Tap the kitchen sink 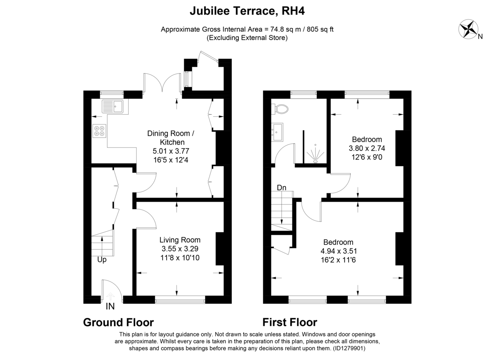(x=113, y=106)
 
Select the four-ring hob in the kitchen (x=99, y=131)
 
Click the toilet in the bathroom (x=279, y=109)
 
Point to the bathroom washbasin (x=277, y=132)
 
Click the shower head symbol (x=315, y=154)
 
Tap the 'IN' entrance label (x=110, y=306)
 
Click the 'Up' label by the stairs (x=102, y=260)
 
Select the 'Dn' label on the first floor (x=281, y=188)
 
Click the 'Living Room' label (x=180, y=240)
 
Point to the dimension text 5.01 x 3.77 (x=171, y=151)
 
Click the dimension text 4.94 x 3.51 (x=339, y=251)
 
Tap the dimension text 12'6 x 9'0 (x=367, y=157)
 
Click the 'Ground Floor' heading (x=118, y=322)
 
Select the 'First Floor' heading (x=290, y=322)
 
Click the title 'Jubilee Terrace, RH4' (x=247, y=11)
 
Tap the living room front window (x=180, y=300)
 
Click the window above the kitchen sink (x=112, y=94)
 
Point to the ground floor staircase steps (x=103, y=243)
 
